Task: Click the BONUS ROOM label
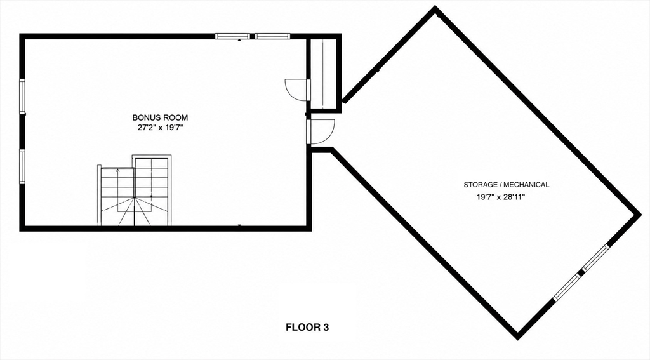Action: pyautogui.click(x=160, y=118)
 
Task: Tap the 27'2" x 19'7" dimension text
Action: pyautogui.click(x=160, y=128)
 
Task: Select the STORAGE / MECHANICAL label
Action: pyautogui.click(x=506, y=185)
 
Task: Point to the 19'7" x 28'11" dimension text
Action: pyautogui.click(x=501, y=197)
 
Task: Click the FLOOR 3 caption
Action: pyautogui.click(x=307, y=327)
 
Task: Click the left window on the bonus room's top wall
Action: pyautogui.click(x=232, y=36)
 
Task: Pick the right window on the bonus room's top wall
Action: pyautogui.click(x=272, y=36)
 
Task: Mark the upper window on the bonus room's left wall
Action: pyautogui.click(x=22, y=96)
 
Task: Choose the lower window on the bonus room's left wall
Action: pyautogui.click(x=22, y=166)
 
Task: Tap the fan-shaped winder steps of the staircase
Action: pyautogui.click(x=134, y=211)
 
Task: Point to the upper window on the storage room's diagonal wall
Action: pyautogui.click(x=595, y=258)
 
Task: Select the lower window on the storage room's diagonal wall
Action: pyautogui.click(x=567, y=286)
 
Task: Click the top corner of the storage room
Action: pyautogui.click(x=435, y=8)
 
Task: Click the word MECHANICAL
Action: pyautogui.click(x=526, y=185)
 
